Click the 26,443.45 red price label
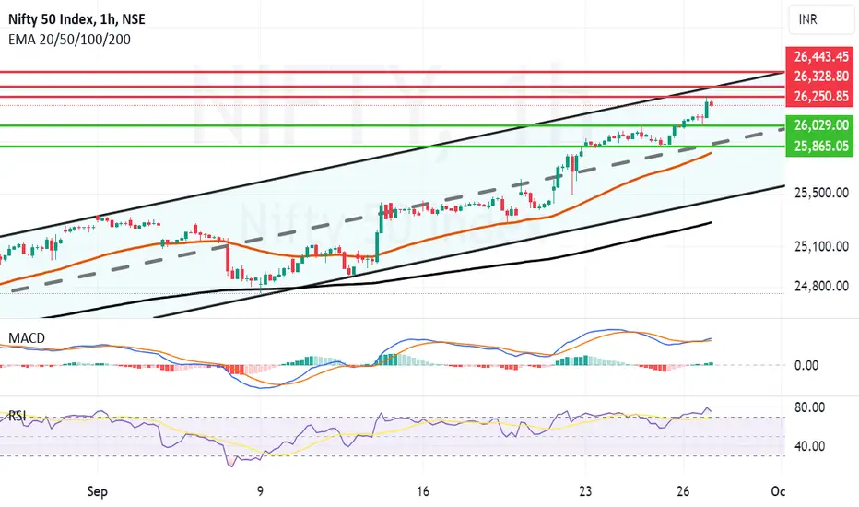820,56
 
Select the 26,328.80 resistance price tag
820,77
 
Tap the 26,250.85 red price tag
820,97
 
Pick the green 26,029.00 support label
820,125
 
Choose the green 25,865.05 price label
820,146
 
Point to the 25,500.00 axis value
821,193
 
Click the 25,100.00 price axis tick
821,247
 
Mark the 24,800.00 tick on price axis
821,286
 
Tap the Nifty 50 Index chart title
76,19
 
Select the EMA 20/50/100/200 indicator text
69,40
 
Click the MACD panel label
27,338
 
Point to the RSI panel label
17,416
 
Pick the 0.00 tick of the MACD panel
806,365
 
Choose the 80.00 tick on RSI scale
810,407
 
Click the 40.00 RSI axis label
810,446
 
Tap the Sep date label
98,491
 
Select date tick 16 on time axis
422,491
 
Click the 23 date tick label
585,491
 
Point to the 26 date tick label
683,491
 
